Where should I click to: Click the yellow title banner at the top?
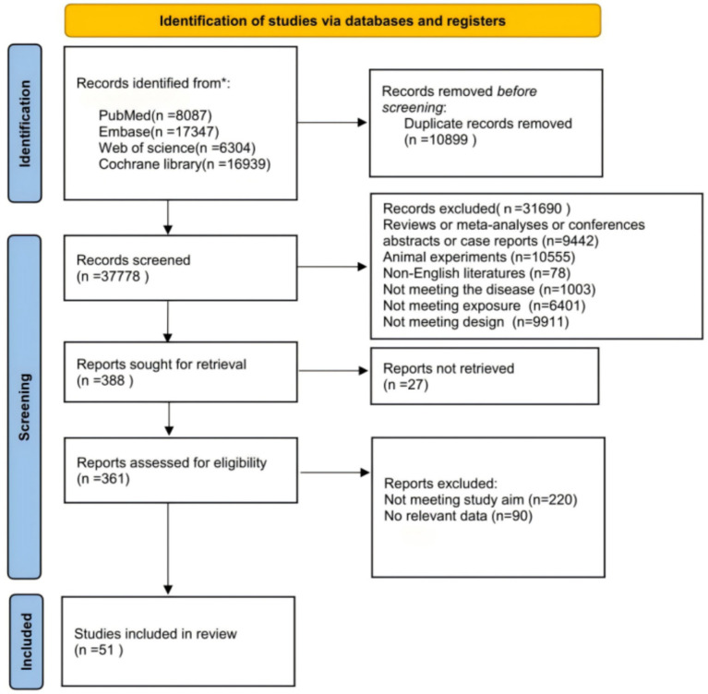(x=333, y=21)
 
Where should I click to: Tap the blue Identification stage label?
(x=25, y=124)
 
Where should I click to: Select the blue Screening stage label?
(x=24, y=406)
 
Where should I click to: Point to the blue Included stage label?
(x=26, y=641)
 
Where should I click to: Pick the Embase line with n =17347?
(x=159, y=132)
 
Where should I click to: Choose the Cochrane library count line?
(x=185, y=164)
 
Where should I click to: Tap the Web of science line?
(x=177, y=148)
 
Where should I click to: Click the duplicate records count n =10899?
(x=440, y=140)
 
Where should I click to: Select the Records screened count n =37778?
(x=113, y=276)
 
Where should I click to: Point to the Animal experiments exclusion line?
(x=479, y=257)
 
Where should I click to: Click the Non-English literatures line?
(x=477, y=273)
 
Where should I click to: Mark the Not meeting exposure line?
(x=484, y=306)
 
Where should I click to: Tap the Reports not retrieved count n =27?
(x=406, y=385)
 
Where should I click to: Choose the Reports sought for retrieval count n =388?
(x=104, y=380)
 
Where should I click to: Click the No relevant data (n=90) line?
(x=458, y=516)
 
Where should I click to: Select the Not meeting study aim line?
(x=480, y=500)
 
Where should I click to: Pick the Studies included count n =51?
(x=99, y=651)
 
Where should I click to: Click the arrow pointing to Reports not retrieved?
(x=333, y=371)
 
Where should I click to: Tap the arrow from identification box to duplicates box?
(x=332, y=123)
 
